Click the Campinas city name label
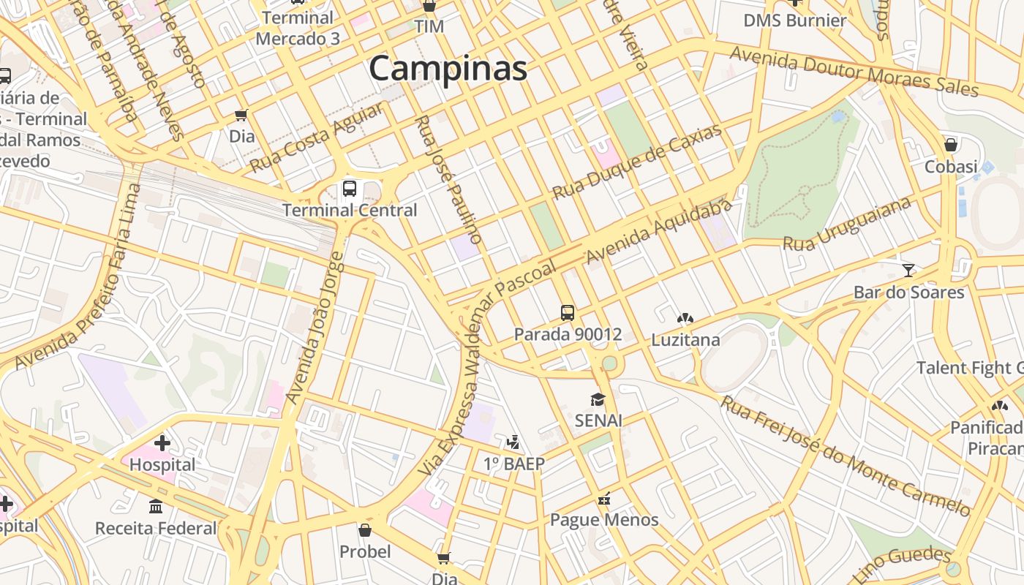448,69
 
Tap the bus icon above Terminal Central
350,189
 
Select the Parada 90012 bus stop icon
568,313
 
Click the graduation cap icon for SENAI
598,399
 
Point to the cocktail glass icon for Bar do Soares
908,271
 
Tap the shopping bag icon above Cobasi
951,145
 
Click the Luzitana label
685,340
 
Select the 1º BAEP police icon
514,442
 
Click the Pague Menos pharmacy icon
604,499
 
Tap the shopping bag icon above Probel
365,530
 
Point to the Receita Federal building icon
156,506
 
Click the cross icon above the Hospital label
162,442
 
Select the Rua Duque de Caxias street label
636,162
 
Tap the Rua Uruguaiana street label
847,223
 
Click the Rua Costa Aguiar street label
316,138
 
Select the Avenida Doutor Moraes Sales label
854,72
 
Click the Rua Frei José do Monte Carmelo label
846,456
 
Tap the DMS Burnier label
794,20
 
